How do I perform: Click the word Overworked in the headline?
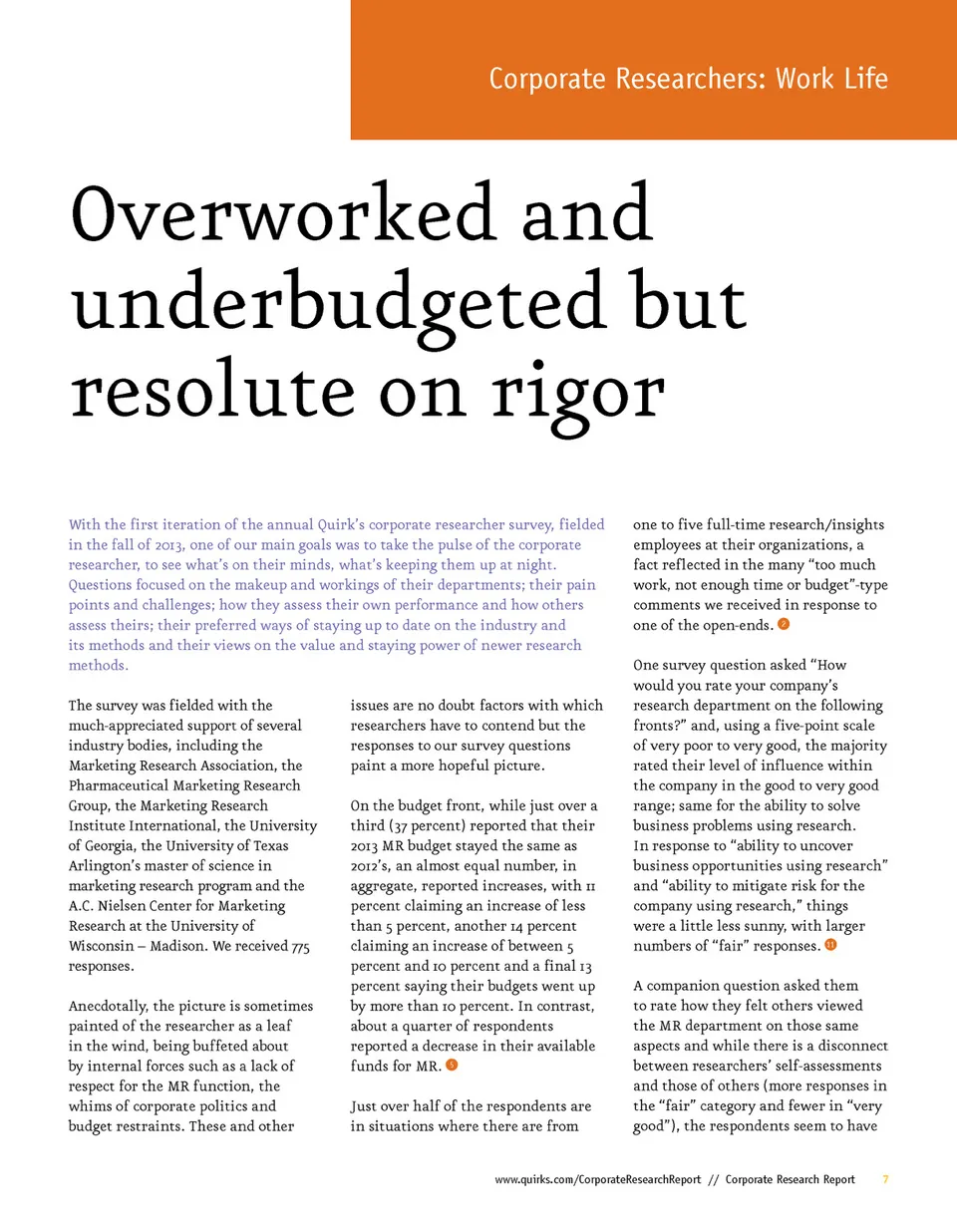[x=284, y=213]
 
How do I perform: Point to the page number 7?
[x=885, y=1179]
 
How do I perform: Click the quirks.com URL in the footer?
[x=598, y=1179]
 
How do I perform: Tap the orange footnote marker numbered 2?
[x=784, y=624]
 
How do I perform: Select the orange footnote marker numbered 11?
[x=830, y=945]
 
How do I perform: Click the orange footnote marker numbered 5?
[x=452, y=1066]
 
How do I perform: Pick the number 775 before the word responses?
[x=300, y=946]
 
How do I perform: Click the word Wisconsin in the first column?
[x=101, y=946]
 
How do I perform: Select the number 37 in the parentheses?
[x=400, y=825]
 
